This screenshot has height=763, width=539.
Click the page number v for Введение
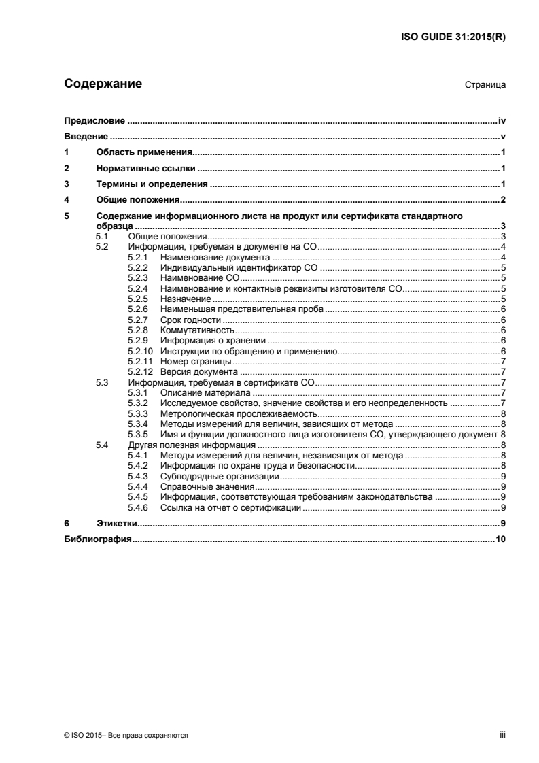(501, 137)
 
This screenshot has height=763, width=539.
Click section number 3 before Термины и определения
(66, 184)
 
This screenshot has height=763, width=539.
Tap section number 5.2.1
(137, 258)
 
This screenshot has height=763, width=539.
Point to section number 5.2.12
(140, 372)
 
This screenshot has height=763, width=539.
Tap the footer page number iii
(502, 736)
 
